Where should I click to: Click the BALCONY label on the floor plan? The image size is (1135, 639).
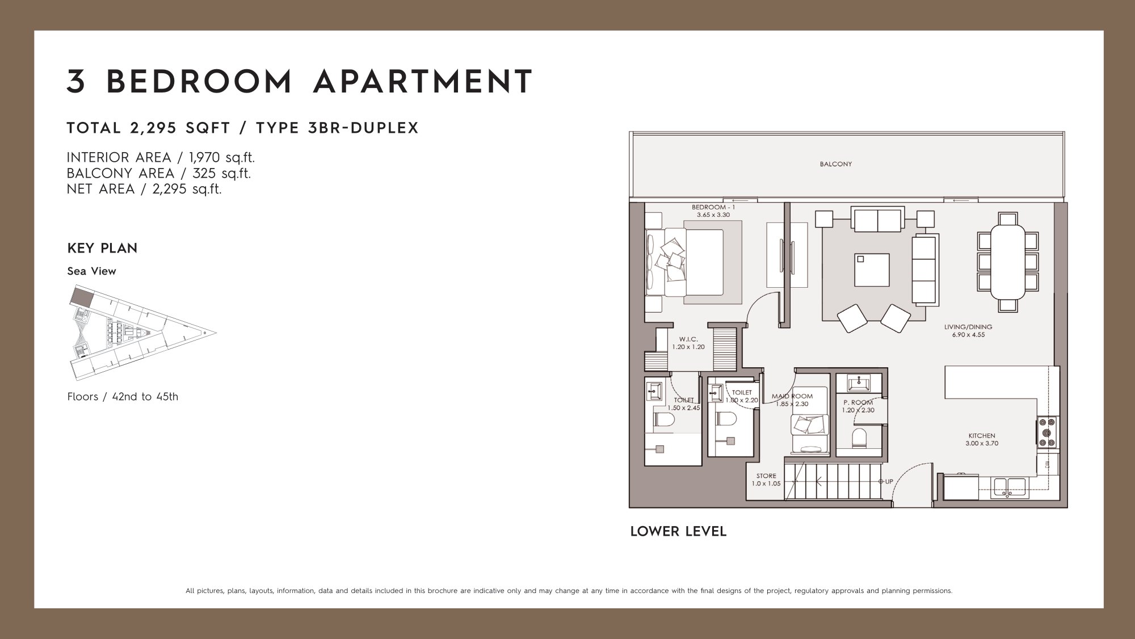point(835,164)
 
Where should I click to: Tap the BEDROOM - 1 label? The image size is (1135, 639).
point(713,208)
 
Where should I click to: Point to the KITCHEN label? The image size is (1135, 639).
point(982,436)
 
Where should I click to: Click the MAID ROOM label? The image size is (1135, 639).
point(792,396)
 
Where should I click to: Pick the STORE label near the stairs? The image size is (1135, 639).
point(766,476)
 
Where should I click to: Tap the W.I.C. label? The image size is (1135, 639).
point(688,339)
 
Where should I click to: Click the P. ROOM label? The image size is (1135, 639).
point(858,402)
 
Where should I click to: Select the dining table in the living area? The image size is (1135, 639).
point(1008,262)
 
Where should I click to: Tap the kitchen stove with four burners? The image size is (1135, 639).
point(1048,431)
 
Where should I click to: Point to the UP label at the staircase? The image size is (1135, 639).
point(889,482)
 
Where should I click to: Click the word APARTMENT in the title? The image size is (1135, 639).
point(423,82)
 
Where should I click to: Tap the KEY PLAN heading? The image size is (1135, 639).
point(102,249)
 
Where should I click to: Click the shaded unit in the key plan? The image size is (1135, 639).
point(83,296)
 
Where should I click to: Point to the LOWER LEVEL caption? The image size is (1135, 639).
point(678,532)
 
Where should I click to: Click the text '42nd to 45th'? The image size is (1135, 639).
point(145,397)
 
